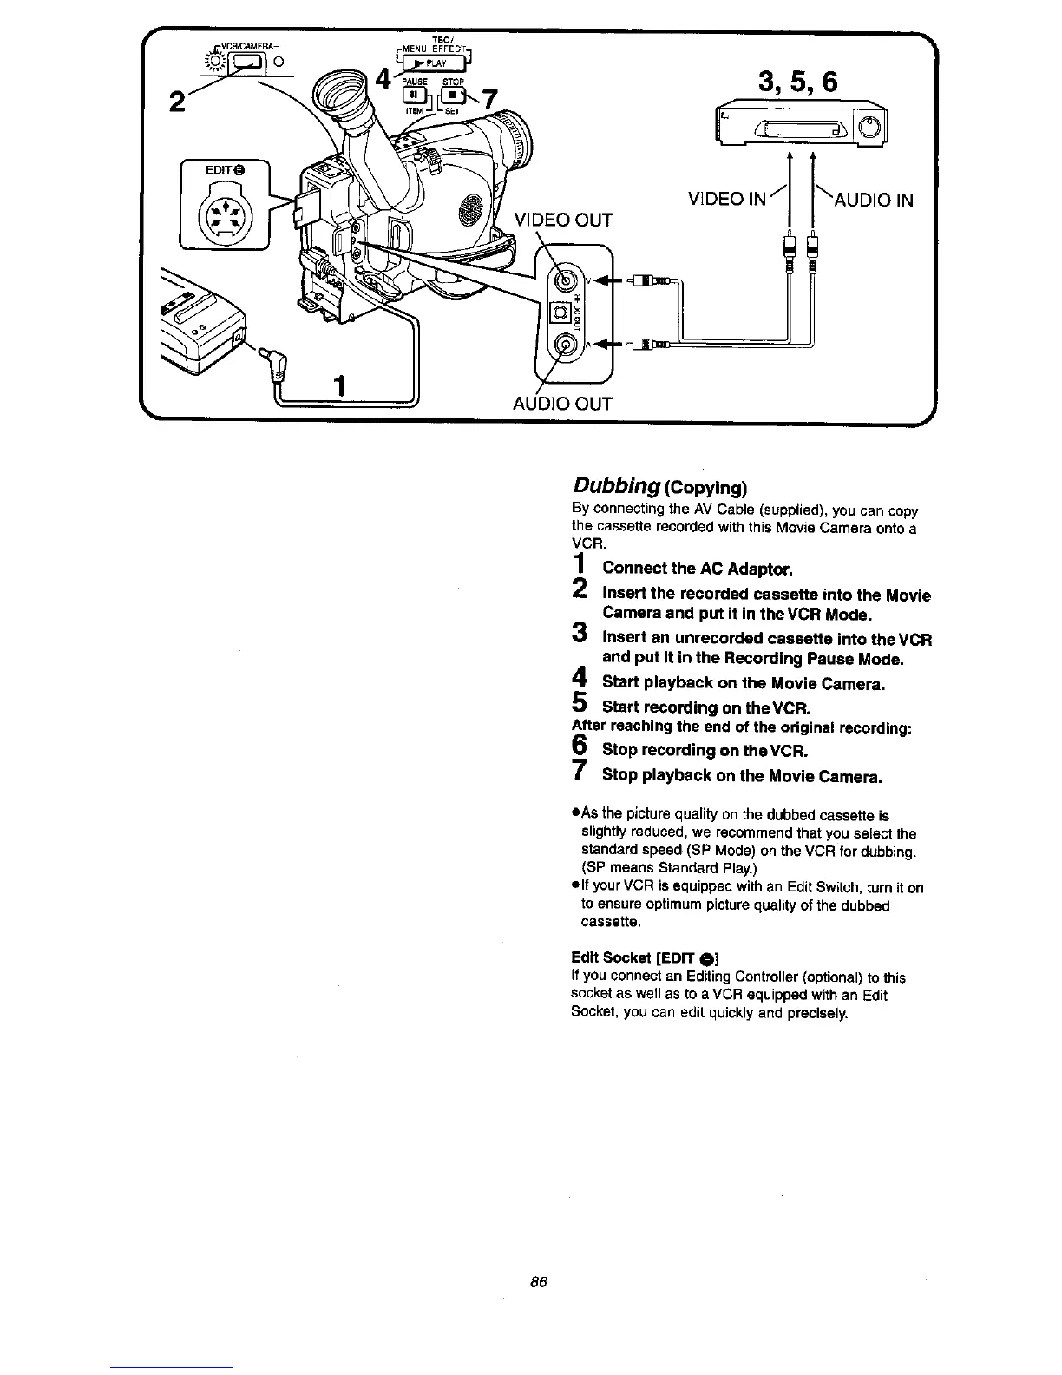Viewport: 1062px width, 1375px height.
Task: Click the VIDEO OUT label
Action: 563,220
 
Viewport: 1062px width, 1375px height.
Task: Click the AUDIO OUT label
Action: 562,404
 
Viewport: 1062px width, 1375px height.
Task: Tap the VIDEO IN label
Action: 726,200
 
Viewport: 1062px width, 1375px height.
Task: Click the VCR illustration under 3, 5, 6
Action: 799,128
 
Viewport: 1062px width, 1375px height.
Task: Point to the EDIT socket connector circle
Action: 224,212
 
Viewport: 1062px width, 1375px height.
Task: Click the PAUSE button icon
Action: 416,94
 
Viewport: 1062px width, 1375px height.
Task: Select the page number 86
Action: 537,1282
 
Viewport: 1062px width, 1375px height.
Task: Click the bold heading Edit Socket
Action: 611,957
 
